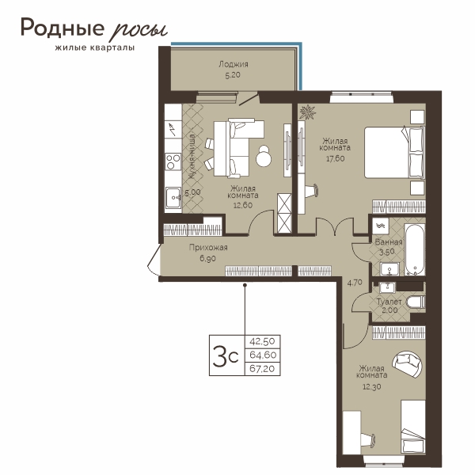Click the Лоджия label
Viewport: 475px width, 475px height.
pos(234,64)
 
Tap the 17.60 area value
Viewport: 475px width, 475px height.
pos(335,158)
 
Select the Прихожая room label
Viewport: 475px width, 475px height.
pos(208,248)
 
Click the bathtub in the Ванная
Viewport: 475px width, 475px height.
pos(415,249)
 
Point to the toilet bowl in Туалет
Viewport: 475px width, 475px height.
pos(416,302)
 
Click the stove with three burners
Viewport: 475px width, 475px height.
pos(173,161)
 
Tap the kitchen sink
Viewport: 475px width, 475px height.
pos(173,198)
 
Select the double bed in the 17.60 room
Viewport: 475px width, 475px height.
pos(393,152)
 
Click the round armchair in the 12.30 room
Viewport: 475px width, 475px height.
pos(407,363)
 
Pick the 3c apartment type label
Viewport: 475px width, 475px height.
pos(226,355)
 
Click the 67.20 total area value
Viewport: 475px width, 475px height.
pos(262,369)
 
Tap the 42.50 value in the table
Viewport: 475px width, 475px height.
pos(262,341)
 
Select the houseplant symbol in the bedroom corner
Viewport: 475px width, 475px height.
pos(307,112)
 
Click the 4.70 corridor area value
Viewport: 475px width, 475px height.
pos(355,283)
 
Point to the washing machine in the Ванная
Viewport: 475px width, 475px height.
pos(381,226)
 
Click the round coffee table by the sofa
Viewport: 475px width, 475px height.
pos(264,156)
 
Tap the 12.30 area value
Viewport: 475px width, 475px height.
pos(372,387)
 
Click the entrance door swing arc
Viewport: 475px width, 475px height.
pos(152,261)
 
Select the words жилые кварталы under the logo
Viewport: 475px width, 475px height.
pos(95,47)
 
